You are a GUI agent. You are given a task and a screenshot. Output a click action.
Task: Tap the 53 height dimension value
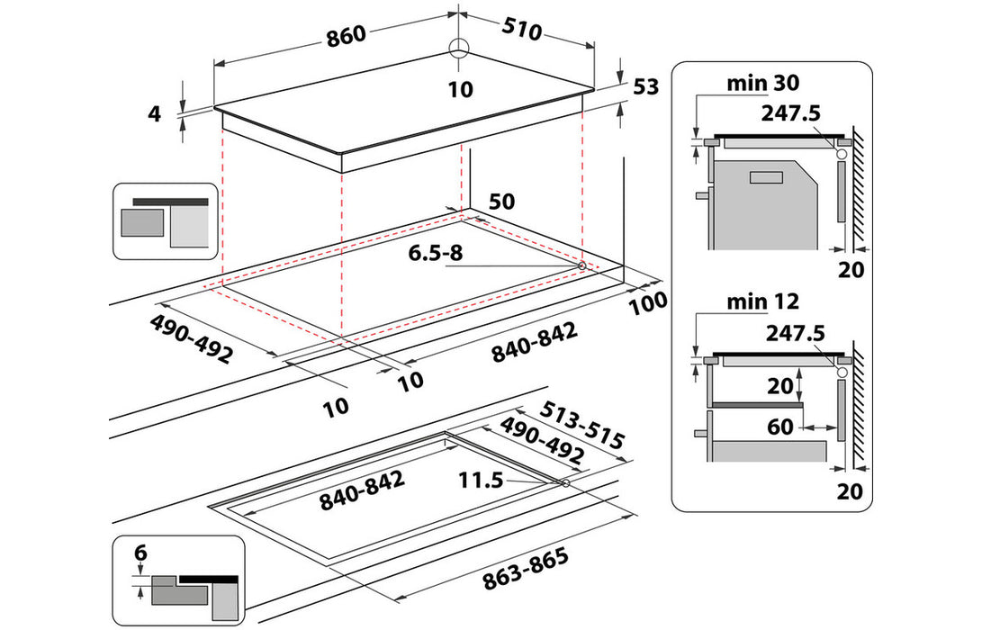(646, 87)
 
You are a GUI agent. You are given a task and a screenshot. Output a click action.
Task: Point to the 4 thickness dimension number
(154, 113)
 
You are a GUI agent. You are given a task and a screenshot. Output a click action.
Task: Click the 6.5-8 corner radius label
(435, 254)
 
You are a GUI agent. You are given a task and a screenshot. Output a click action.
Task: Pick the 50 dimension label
(501, 201)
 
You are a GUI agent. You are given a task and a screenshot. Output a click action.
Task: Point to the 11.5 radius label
(482, 481)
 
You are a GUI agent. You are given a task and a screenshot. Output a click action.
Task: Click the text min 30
(762, 84)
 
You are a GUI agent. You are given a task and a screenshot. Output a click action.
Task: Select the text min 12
(762, 301)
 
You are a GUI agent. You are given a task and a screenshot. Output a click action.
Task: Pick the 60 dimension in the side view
(780, 427)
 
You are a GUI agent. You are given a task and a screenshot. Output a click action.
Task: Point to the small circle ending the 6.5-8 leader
(582, 266)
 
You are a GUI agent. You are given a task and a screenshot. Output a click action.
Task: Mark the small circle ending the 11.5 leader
(564, 484)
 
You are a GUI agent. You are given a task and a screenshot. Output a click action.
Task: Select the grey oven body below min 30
(765, 202)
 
